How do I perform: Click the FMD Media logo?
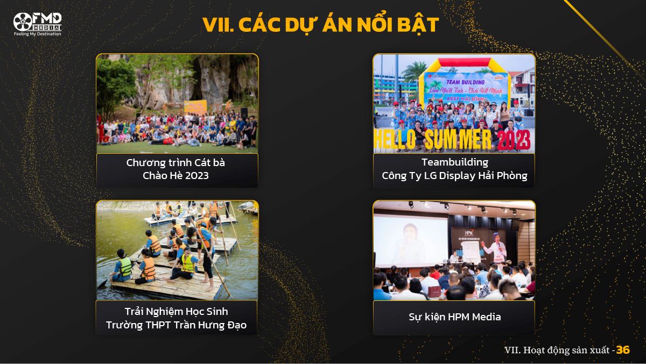tap(37, 22)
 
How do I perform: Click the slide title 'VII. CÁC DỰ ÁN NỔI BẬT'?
tap(321, 25)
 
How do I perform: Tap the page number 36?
tap(623, 350)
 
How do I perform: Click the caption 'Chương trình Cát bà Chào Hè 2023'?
tap(176, 169)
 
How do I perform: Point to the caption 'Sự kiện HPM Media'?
tap(454, 317)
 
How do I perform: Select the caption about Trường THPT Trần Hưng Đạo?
tap(176, 318)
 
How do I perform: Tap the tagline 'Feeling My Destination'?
tap(37, 34)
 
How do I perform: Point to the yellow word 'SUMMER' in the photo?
tap(458, 139)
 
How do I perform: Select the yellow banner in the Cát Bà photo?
tap(195, 106)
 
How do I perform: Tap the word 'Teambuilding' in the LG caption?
tap(454, 162)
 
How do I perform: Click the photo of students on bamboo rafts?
tap(177, 250)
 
